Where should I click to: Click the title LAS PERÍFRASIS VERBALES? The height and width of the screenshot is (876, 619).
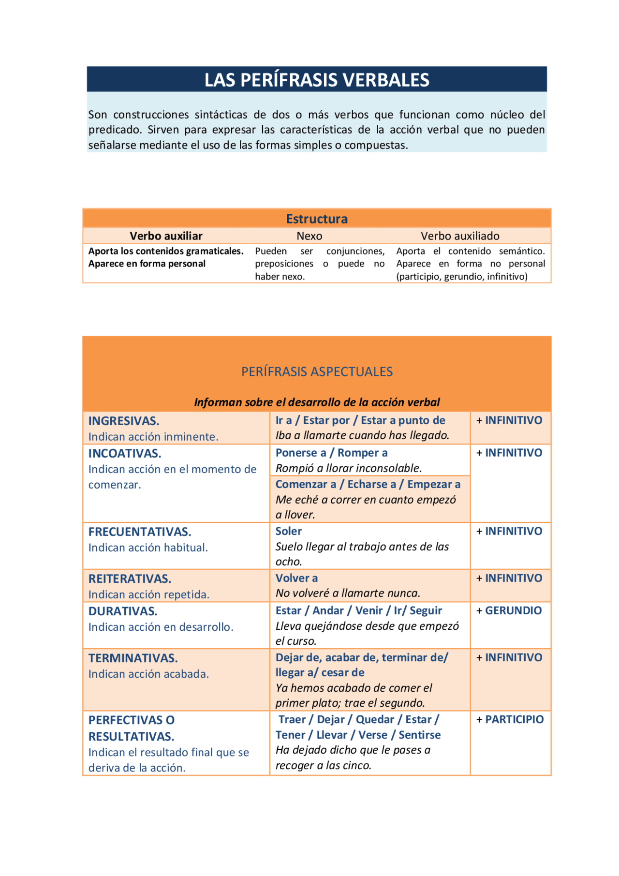(317, 80)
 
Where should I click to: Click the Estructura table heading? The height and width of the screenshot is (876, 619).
(317, 219)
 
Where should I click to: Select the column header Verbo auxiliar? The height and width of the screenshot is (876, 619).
(166, 236)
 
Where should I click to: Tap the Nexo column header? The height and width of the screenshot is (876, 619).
(309, 236)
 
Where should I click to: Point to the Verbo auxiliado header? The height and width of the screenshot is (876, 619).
(460, 236)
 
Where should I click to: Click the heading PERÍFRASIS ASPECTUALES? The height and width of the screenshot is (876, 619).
(317, 371)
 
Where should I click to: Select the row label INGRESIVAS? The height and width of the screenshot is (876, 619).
(124, 421)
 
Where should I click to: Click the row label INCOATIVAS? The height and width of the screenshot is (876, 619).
(125, 453)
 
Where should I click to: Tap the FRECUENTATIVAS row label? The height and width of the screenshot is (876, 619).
(140, 532)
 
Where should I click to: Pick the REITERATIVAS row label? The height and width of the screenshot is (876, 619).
(130, 579)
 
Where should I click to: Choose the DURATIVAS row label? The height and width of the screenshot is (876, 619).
(123, 611)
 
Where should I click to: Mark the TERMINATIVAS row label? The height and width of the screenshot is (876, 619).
(133, 658)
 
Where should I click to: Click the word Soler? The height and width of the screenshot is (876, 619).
(289, 531)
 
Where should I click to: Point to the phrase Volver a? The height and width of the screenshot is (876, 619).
(296, 578)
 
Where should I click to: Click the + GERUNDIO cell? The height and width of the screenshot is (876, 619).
(509, 610)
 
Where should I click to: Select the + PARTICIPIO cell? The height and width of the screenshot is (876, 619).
(510, 719)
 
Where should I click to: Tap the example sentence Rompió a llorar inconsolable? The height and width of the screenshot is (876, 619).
(349, 468)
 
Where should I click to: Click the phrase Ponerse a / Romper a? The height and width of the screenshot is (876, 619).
(331, 453)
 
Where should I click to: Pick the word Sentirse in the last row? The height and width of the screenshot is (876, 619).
(419, 735)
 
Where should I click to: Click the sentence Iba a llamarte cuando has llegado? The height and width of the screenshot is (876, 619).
(362, 435)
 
